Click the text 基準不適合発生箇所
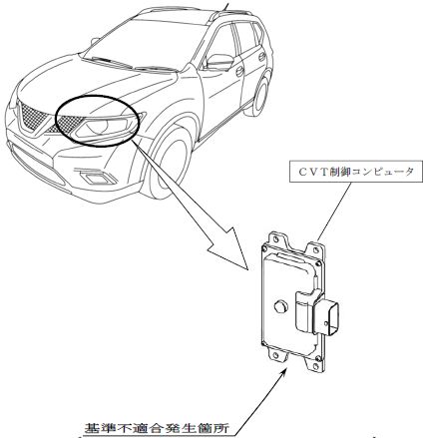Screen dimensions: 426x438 pyautogui.click(x=157, y=427)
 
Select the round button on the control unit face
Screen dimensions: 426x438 pyautogui.click(x=280, y=306)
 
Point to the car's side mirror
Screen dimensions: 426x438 pyautogui.click(x=219, y=62)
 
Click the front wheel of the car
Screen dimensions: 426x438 pyautogui.click(x=169, y=164)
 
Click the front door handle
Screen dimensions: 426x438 pyautogui.click(x=239, y=72)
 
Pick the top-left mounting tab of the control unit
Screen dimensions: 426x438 pyautogui.click(x=278, y=238)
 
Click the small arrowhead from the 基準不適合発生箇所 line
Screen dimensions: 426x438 pyautogui.click(x=283, y=371)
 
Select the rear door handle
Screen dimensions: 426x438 pyautogui.click(x=262, y=57)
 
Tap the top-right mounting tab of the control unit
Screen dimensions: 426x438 pyautogui.click(x=315, y=250)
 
